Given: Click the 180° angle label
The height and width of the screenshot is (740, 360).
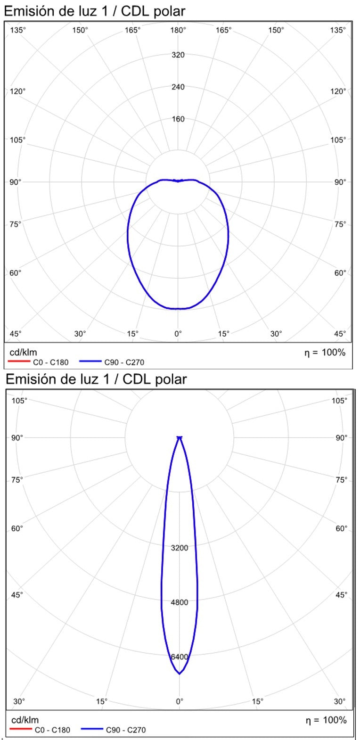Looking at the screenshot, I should [178, 30].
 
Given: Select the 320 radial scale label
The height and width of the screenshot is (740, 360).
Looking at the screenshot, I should [178, 55].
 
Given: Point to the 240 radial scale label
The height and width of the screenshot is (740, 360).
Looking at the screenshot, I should [178, 87].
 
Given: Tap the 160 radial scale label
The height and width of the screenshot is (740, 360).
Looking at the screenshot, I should [178, 119].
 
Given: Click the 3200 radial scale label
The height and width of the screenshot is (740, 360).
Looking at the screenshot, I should [180, 548].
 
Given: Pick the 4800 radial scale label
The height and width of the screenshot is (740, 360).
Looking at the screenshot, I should [180, 602].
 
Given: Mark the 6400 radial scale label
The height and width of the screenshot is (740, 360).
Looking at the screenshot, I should [180, 657].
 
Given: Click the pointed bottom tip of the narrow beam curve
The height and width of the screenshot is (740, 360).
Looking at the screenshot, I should [180, 674].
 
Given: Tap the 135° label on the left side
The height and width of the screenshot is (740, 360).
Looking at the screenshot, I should [18, 30].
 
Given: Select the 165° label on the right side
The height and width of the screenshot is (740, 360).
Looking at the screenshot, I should [224, 30].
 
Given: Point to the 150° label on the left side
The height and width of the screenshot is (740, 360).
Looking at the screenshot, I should [80, 30].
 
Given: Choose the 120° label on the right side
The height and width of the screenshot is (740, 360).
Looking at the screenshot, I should [338, 91].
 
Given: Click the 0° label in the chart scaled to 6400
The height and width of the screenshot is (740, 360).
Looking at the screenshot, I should [180, 701].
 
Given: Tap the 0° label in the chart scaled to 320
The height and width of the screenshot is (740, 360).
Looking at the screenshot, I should [178, 334].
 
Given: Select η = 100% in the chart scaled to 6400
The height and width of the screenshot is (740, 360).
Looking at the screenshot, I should [325, 720].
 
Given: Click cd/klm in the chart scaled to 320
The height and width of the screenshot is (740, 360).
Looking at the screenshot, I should [24, 352].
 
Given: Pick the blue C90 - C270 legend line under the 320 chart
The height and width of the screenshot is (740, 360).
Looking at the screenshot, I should [91, 362].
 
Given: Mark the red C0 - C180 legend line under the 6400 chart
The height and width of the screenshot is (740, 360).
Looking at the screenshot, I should [21, 730].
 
